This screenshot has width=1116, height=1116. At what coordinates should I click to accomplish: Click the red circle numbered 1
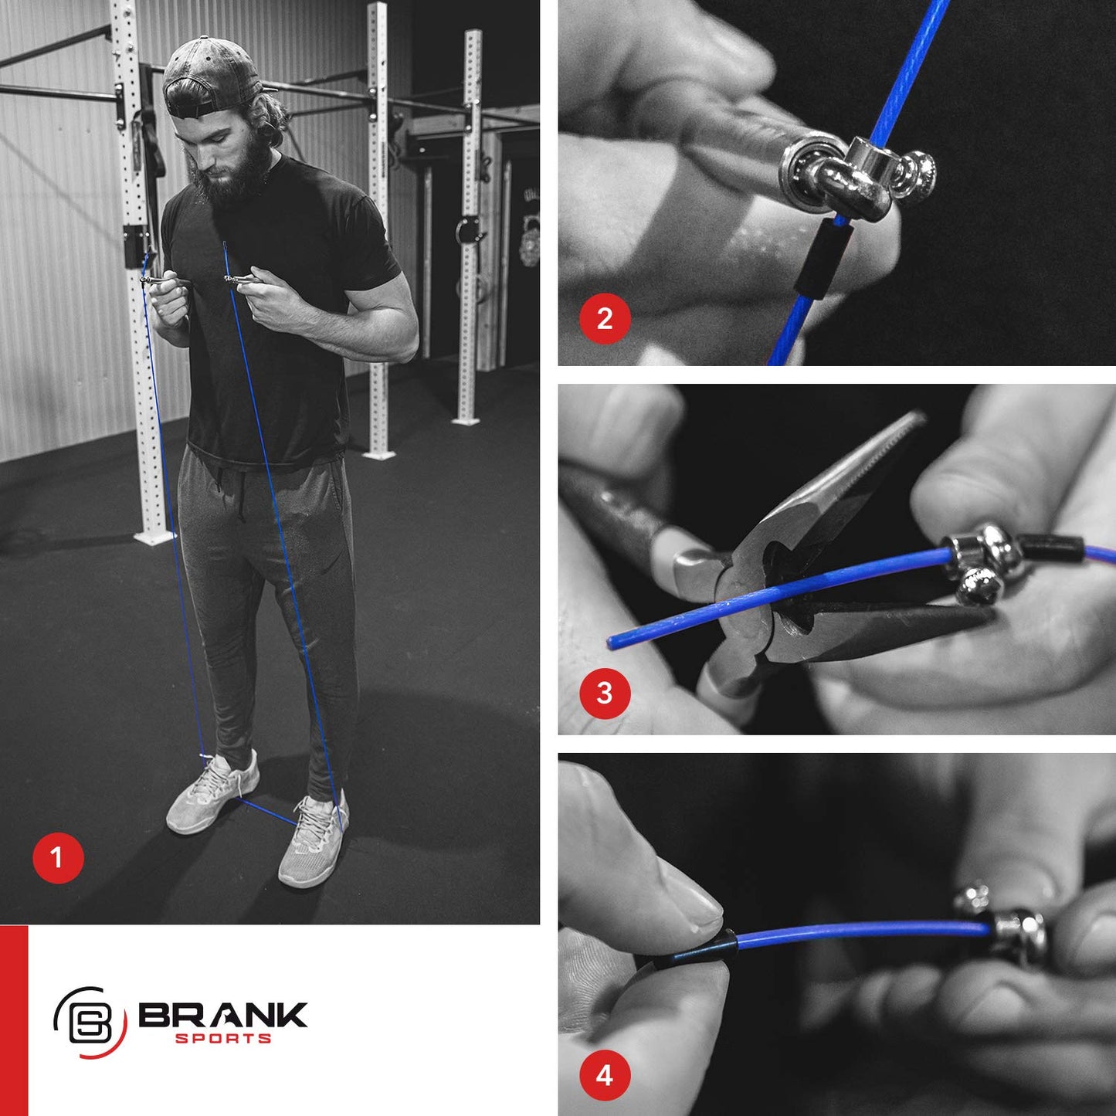pyautogui.click(x=58, y=857)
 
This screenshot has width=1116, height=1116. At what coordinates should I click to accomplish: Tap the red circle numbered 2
pyautogui.click(x=605, y=318)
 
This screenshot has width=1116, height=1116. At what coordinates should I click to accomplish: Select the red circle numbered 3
pyautogui.click(x=605, y=693)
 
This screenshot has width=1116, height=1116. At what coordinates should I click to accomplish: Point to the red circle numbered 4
pyautogui.click(x=605, y=1074)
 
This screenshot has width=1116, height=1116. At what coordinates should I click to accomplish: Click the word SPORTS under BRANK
pyautogui.click(x=223, y=1039)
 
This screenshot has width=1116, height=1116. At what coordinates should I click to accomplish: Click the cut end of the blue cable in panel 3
pyautogui.click(x=612, y=641)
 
